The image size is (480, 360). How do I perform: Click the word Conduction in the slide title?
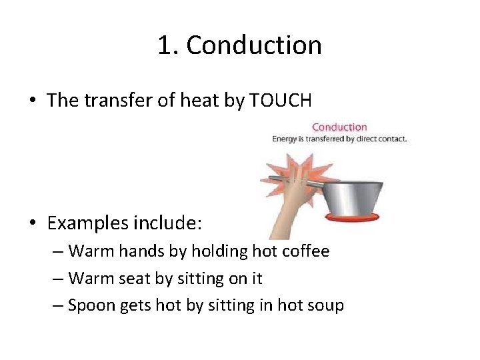(x=254, y=45)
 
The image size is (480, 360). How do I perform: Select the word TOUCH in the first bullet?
(x=280, y=100)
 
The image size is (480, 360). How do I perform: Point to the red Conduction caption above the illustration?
(x=339, y=127)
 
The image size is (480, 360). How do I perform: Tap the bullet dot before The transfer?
(x=32, y=101)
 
